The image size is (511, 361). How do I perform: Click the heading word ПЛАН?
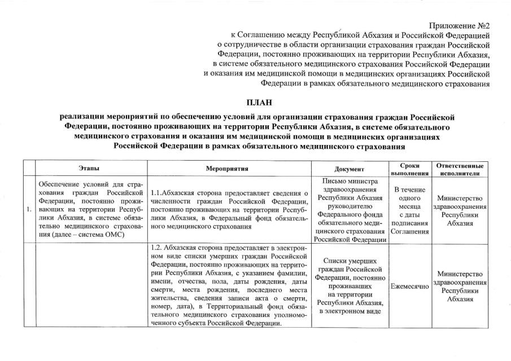[x=256, y=102]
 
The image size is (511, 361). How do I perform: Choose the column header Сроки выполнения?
[x=409, y=169]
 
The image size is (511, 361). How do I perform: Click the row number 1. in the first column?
[x=28, y=210]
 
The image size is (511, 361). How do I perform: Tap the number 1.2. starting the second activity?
[x=159, y=248]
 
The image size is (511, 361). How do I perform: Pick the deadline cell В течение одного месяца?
[x=409, y=210]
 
